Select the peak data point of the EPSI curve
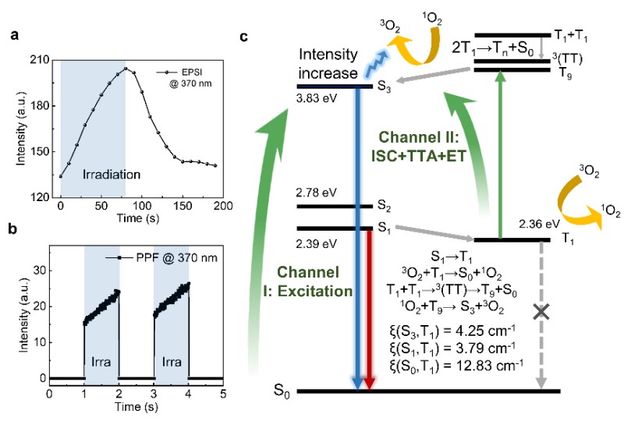pyautogui.click(x=126, y=69)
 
